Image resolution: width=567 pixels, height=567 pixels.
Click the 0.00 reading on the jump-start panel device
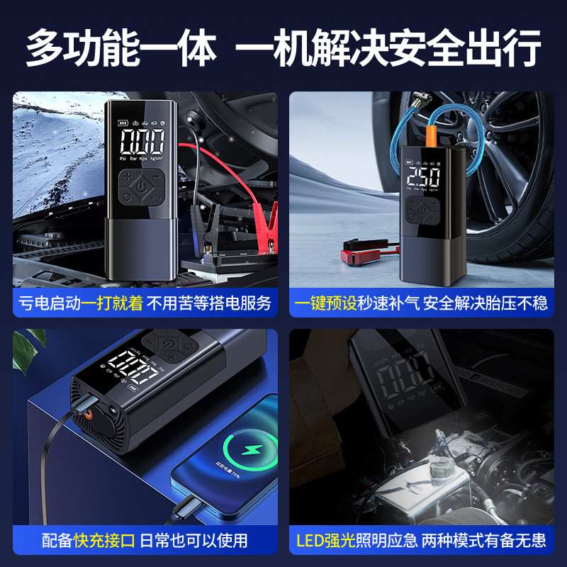coord(142,142)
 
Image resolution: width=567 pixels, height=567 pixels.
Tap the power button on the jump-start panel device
coord(142,187)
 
